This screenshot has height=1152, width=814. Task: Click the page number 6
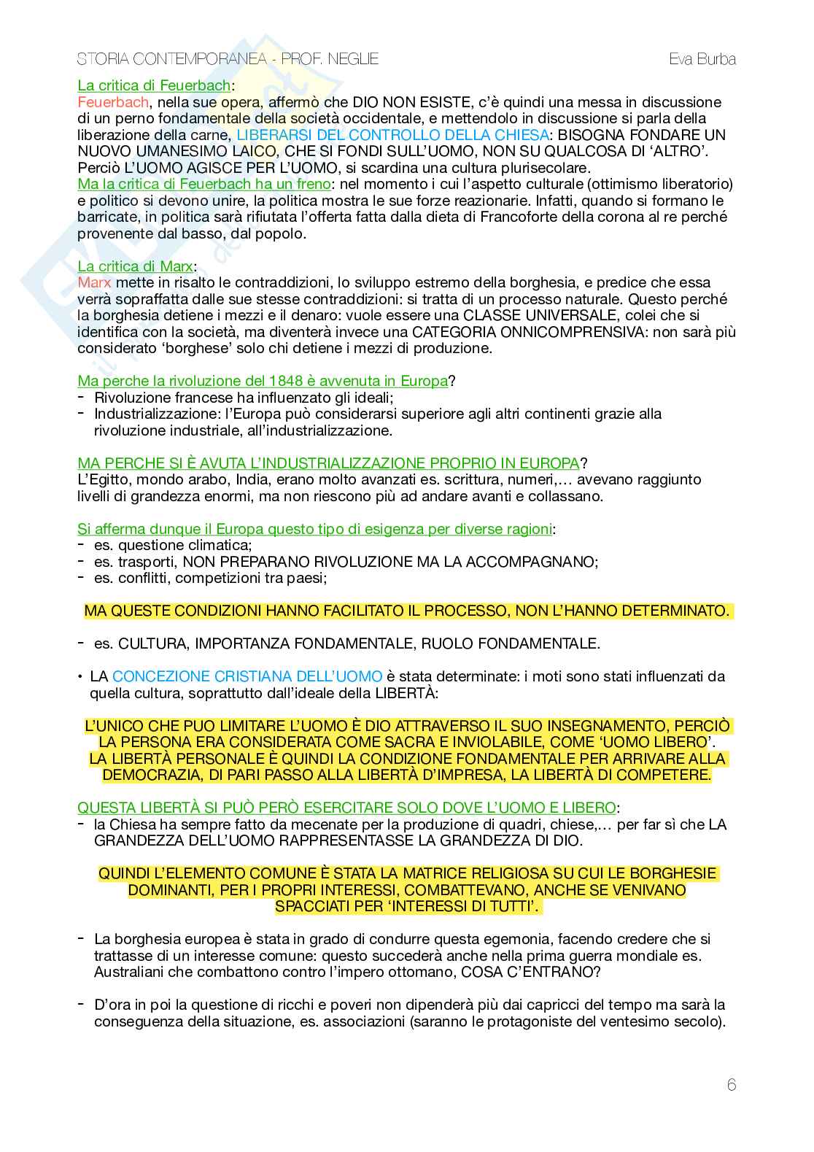[732, 1085]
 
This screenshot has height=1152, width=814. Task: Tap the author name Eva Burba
[702, 59]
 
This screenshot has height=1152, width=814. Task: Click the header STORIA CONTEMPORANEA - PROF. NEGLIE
[228, 59]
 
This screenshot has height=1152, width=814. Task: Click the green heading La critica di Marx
[135, 266]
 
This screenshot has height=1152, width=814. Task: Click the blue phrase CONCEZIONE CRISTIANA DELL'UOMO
[247, 676]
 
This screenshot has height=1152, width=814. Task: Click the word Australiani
[131, 972]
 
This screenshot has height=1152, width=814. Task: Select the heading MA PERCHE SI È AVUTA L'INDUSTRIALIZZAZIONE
[327, 463]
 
